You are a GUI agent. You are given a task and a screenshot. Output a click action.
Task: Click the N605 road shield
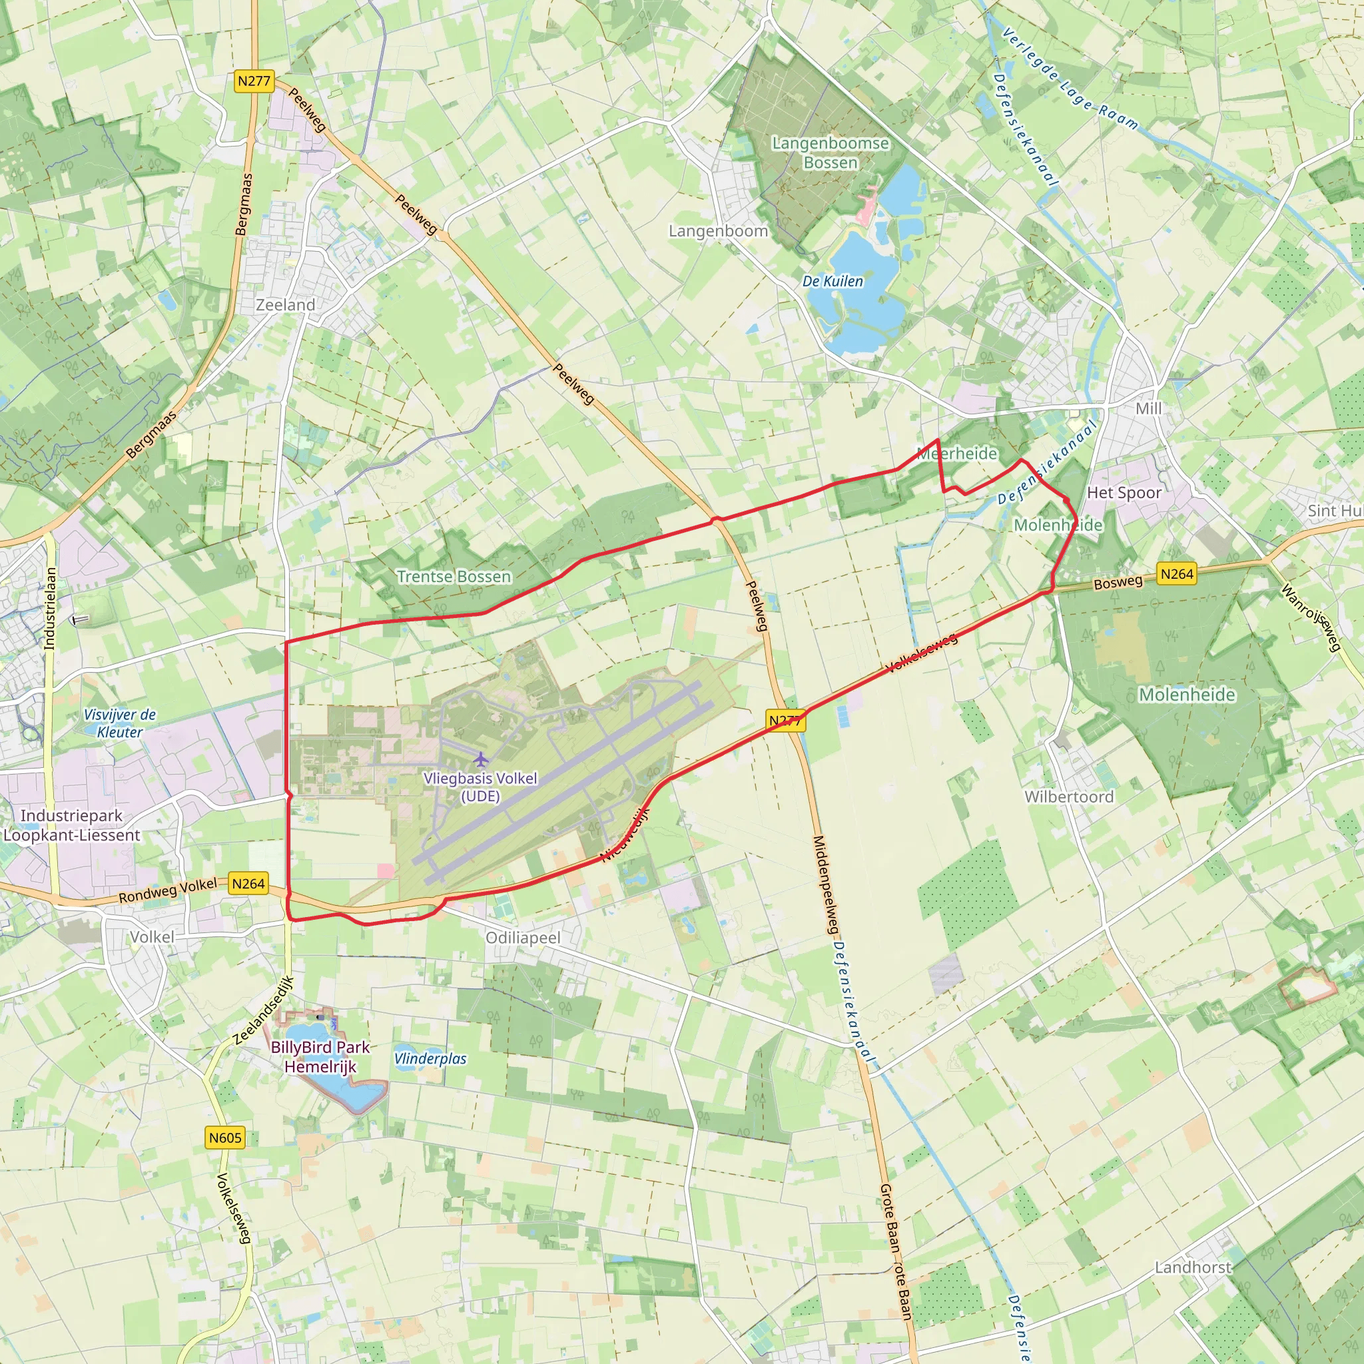(x=225, y=1138)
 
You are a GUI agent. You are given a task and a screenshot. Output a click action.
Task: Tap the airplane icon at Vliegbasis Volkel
(x=481, y=760)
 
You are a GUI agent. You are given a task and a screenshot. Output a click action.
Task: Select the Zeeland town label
(x=285, y=305)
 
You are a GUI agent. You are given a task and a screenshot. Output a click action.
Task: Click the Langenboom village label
(x=718, y=231)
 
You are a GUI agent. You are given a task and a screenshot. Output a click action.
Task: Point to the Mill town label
(x=1149, y=409)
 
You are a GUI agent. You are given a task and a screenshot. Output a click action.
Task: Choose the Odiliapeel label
(x=523, y=938)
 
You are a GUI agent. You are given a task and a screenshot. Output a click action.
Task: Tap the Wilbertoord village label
(x=1069, y=797)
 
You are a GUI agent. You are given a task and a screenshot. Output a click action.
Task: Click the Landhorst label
(x=1193, y=1267)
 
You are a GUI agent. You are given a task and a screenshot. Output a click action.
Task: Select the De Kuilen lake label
(x=833, y=281)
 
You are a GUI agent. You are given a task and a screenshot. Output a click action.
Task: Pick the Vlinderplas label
(x=431, y=1059)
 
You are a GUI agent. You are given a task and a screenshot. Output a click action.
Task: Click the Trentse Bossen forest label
(x=454, y=577)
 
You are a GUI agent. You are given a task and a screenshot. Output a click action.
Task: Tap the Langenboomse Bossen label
(x=831, y=153)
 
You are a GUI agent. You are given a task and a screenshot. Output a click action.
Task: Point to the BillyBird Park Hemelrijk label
(x=320, y=1057)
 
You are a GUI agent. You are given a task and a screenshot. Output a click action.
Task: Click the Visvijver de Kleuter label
(x=120, y=723)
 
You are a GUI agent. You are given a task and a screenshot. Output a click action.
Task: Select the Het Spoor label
(x=1124, y=493)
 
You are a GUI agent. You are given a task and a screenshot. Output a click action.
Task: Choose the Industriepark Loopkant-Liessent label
(x=71, y=825)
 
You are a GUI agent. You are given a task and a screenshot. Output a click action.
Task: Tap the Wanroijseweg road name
(x=1310, y=618)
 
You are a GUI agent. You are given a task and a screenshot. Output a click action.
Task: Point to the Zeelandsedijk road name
(x=263, y=1010)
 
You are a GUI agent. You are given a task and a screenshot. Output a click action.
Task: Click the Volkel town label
(x=152, y=937)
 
